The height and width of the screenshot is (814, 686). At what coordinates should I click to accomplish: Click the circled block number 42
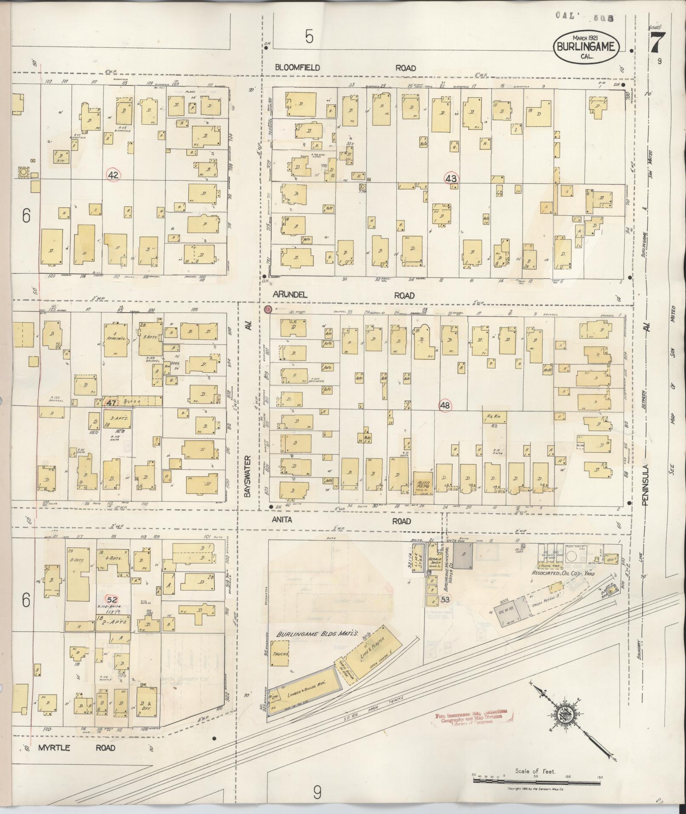(113, 175)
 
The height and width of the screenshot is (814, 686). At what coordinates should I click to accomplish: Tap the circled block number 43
(451, 179)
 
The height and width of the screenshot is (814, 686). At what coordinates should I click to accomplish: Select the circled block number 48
(445, 406)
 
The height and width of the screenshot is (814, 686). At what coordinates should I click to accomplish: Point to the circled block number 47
(111, 403)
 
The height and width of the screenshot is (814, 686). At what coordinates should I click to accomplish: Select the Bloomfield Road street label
(345, 68)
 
